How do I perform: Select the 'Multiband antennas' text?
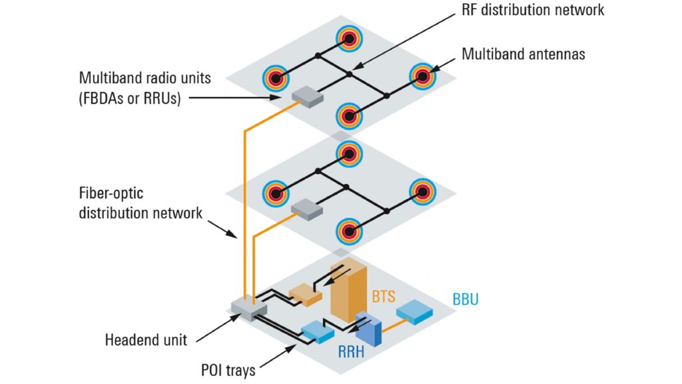pyautogui.click(x=523, y=54)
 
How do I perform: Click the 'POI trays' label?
pyautogui.click(x=227, y=370)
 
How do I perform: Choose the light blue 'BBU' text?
pyautogui.click(x=466, y=299)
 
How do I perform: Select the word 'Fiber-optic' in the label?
pyautogui.click(x=111, y=194)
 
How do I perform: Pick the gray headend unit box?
pyautogui.click(x=248, y=309)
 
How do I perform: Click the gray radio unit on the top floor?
pyautogui.click(x=307, y=97)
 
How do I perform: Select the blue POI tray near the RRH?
pyautogui.click(x=318, y=329)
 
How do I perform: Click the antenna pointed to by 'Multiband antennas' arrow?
pyautogui.click(x=422, y=77)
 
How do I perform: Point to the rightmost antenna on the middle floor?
pyautogui.click(x=422, y=191)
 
